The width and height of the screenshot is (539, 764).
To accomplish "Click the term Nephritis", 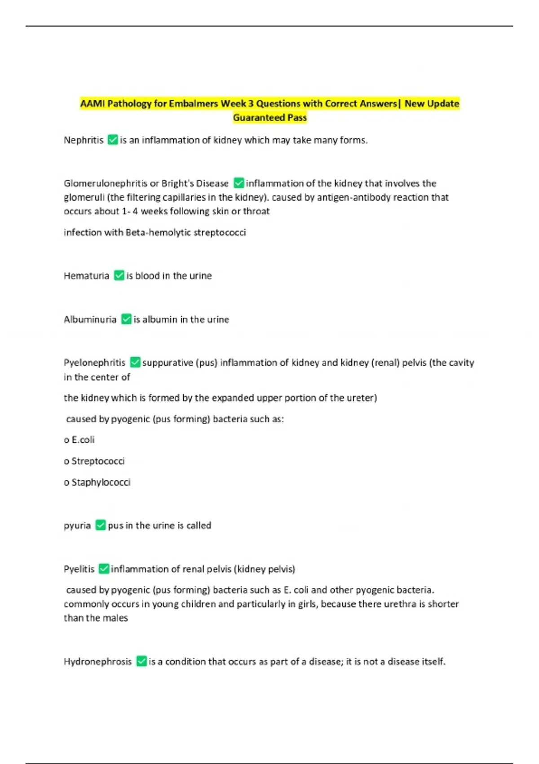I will tap(84, 140).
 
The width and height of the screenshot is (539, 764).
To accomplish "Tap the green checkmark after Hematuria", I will tap(119, 275).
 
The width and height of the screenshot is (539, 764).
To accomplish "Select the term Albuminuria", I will tap(90, 320).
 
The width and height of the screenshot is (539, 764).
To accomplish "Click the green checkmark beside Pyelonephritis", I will tap(135, 362).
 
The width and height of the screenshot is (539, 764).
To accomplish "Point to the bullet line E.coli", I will tap(80, 440).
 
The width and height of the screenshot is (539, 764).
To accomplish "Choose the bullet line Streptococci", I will tap(94, 461).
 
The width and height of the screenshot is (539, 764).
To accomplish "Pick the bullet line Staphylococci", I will tap(97, 482).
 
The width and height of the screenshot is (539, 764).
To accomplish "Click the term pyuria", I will tap(77, 525).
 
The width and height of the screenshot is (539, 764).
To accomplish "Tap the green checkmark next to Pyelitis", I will tap(104, 569).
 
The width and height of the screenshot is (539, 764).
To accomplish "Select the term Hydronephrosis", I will tap(97, 662).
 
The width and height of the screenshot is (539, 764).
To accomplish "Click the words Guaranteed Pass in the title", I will tap(269, 118).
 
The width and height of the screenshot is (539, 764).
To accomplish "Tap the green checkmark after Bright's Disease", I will tap(239, 183).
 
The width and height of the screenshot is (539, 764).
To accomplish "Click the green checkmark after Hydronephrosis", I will tap(141, 662).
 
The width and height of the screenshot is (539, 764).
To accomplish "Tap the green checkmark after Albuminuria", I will tap(126, 319).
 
